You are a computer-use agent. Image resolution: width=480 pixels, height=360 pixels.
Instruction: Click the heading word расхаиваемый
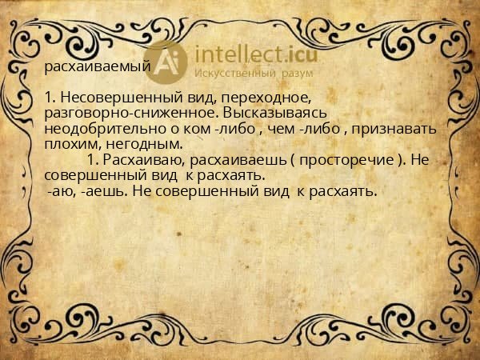click(x=97, y=67)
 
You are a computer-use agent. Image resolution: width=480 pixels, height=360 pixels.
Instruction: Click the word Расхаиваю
click(x=148, y=160)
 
